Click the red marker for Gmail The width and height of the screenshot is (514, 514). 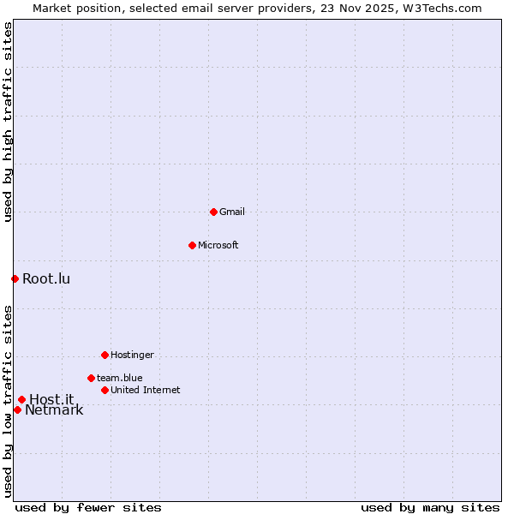point(213,212)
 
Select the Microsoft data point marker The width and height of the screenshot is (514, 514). point(192,245)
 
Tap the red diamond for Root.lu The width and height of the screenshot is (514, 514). point(15,278)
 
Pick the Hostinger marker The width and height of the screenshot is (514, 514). point(105,355)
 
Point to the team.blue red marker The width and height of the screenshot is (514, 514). point(91,378)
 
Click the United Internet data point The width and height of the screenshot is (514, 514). point(105,390)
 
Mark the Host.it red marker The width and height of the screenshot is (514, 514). point(21,399)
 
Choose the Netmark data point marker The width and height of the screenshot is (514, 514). point(17,409)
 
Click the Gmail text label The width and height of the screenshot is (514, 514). point(232,212)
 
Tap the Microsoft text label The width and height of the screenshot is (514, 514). point(218,245)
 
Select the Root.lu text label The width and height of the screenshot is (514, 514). point(46,278)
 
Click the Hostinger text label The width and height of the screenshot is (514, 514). point(132,355)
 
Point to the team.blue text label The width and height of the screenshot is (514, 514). point(120,378)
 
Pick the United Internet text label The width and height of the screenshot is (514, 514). point(146,390)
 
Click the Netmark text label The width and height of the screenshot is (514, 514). point(54,410)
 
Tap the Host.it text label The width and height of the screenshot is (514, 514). point(51,399)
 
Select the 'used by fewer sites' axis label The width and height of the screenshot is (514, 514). point(88,507)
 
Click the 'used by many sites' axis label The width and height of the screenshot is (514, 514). point(430,507)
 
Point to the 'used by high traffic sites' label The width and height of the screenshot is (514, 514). point(8,122)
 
